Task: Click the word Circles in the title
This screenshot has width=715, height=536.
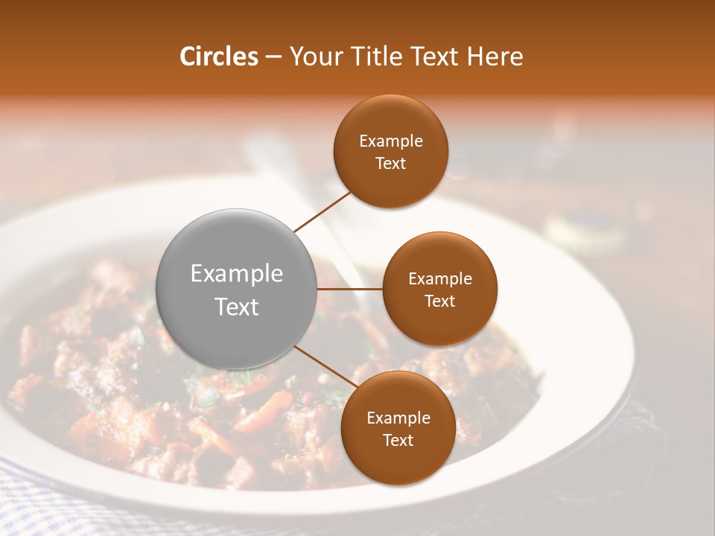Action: click(219, 57)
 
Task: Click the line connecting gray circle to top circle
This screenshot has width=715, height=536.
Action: click(322, 211)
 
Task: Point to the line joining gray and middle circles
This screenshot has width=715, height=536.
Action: click(349, 288)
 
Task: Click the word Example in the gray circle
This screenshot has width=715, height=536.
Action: click(237, 274)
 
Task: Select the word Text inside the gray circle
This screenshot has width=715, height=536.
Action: click(237, 307)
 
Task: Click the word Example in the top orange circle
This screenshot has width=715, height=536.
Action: click(391, 141)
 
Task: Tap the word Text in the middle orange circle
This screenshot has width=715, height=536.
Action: click(439, 301)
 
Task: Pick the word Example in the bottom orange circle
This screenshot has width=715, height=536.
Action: click(398, 418)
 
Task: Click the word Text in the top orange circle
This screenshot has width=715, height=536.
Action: click(390, 164)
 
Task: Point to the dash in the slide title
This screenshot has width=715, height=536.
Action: click(273, 57)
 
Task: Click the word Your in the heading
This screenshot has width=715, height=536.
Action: click(314, 57)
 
